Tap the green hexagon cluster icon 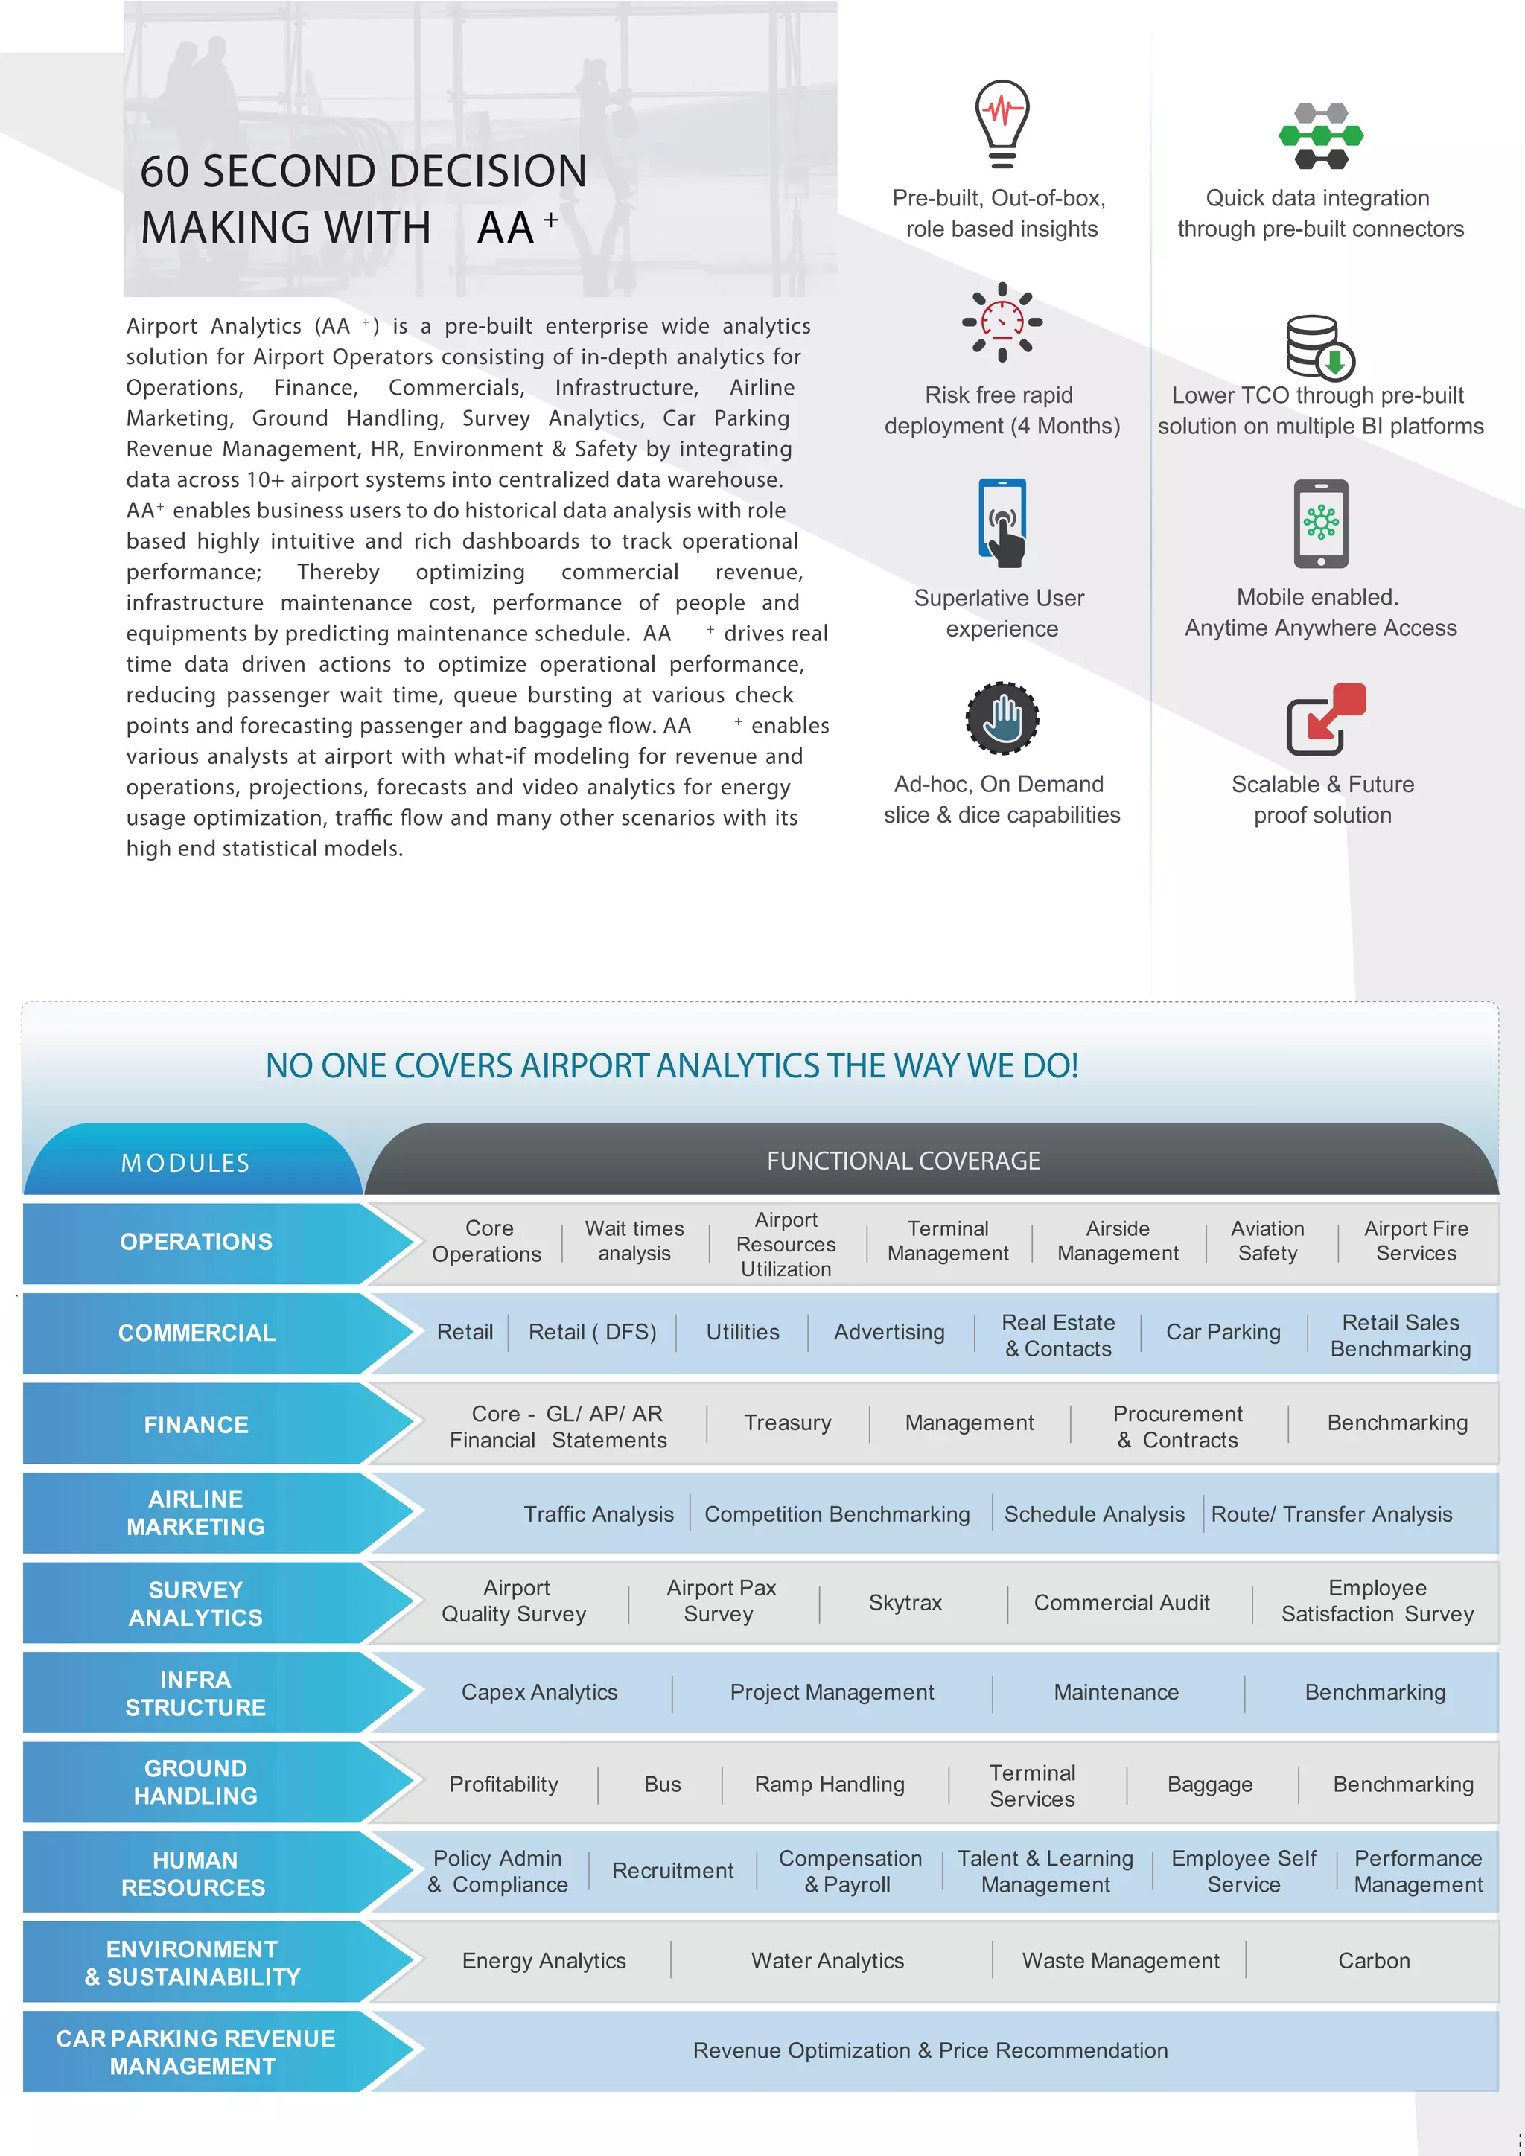(1320, 137)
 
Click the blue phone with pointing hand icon (1002, 523)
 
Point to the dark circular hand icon (1002, 718)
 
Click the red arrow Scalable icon (1325, 719)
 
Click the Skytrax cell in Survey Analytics (904, 1602)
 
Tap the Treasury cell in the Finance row (787, 1423)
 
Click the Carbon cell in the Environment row (1373, 1961)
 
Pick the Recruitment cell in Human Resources (672, 1871)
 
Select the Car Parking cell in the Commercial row (1223, 1332)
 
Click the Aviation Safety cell (1267, 1240)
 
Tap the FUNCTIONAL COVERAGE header (902, 1161)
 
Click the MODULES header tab (186, 1163)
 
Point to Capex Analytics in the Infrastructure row (539, 1692)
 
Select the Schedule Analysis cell (1094, 1514)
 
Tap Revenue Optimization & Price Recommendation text (929, 2050)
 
